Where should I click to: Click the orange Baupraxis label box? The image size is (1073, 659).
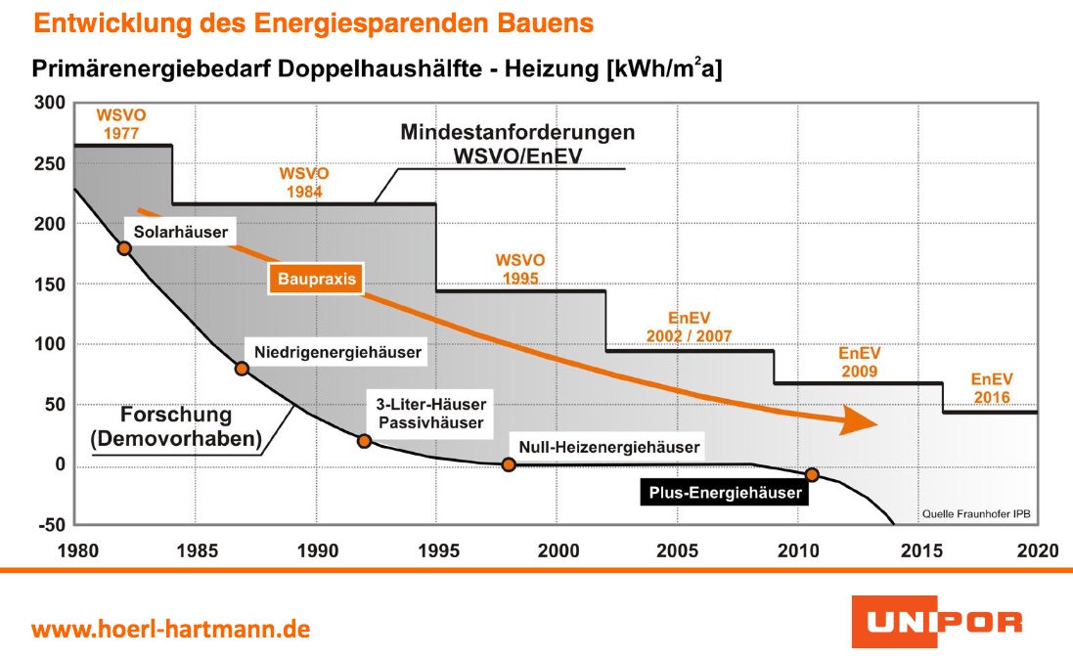[313, 280]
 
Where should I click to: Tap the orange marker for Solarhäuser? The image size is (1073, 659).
[124, 248]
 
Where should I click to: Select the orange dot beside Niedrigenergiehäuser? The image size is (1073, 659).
[242, 369]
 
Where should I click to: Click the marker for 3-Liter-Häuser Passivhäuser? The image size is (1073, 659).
[364, 441]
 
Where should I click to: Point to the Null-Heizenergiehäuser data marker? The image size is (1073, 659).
[509, 464]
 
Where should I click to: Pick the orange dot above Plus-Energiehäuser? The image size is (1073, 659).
[812, 474]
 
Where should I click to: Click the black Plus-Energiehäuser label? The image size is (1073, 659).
[724, 493]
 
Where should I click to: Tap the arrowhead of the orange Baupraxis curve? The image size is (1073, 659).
[858, 420]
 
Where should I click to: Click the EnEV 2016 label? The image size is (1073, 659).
[991, 388]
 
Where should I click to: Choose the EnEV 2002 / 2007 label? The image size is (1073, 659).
[689, 328]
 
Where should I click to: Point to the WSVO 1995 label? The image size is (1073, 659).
[520, 269]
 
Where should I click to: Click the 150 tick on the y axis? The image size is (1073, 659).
[48, 285]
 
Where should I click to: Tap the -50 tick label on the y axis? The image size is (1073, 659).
[48, 526]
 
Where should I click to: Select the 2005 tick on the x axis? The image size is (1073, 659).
[676, 550]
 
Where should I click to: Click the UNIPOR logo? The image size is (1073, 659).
[936, 622]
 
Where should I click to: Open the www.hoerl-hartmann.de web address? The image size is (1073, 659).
[171, 628]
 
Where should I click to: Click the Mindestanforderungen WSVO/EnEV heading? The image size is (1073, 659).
[516, 144]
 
